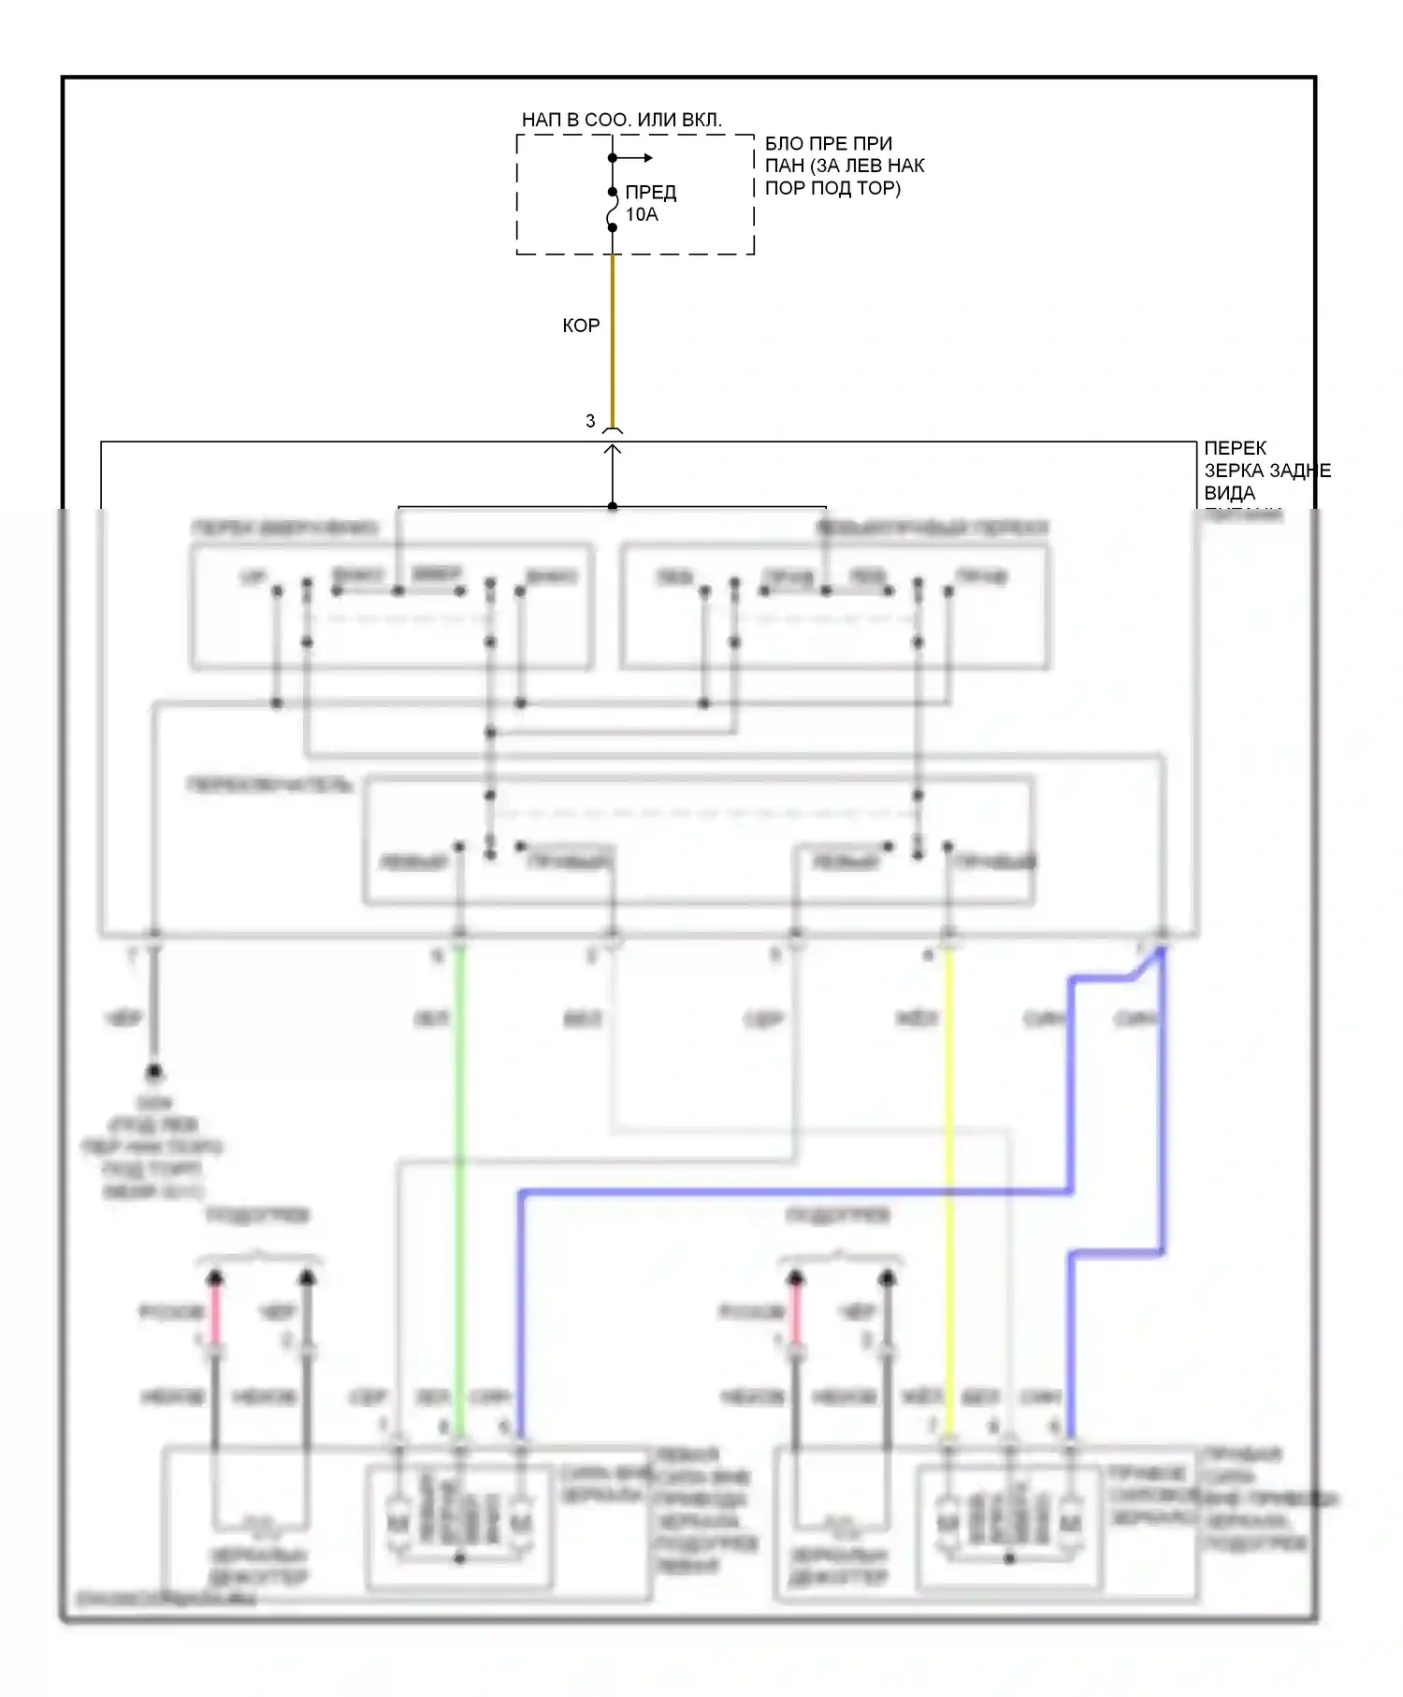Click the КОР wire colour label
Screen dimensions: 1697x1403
[x=581, y=326]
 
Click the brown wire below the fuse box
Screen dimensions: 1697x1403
[x=613, y=337]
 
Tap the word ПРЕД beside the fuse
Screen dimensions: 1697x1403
[x=650, y=193]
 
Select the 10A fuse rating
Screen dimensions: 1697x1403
[x=642, y=215]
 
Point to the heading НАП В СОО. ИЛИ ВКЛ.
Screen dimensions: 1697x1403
[x=621, y=120]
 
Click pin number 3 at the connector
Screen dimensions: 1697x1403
[x=590, y=421]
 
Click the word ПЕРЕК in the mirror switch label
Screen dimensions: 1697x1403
[x=1235, y=448]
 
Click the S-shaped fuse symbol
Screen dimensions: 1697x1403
[x=613, y=210]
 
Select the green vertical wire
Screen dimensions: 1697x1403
[x=459, y=1169]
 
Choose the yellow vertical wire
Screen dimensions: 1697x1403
[x=949, y=1169]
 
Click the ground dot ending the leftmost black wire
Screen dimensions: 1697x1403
[x=154, y=1071]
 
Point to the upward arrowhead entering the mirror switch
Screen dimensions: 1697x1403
[x=613, y=451]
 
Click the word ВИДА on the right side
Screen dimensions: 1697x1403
[x=1229, y=493]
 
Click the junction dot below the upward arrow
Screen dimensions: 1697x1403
[x=613, y=506]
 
